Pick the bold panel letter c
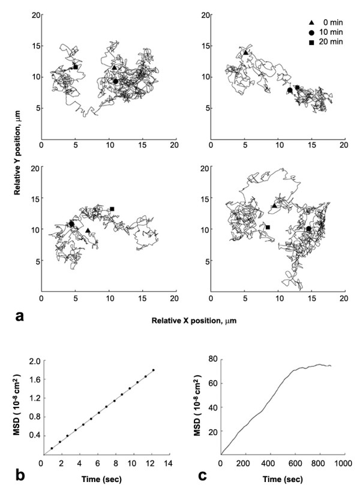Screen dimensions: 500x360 coord(205,478)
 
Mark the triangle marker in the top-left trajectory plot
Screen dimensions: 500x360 coord(115,68)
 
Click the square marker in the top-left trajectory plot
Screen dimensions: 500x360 coord(76,67)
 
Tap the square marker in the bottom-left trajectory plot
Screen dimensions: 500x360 coord(112,209)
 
